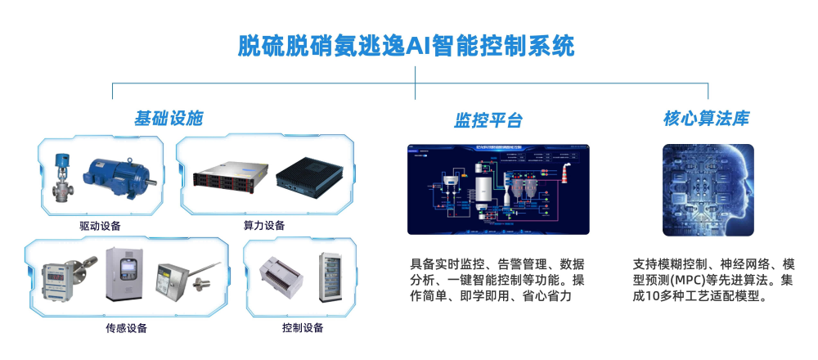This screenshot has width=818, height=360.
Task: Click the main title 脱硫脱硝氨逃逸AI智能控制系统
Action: [x=406, y=45]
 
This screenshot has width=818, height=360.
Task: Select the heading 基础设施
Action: [x=169, y=119]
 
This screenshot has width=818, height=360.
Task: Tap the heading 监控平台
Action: [x=488, y=121]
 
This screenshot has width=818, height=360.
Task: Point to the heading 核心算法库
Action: [x=706, y=119]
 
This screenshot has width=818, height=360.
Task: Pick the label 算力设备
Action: [x=264, y=226]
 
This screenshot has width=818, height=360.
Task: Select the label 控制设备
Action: [x=302, y=328]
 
